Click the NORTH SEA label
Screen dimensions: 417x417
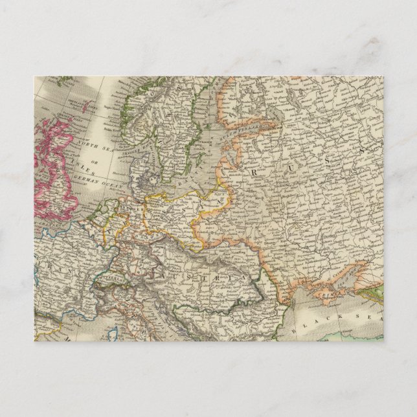tap(85, 146)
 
